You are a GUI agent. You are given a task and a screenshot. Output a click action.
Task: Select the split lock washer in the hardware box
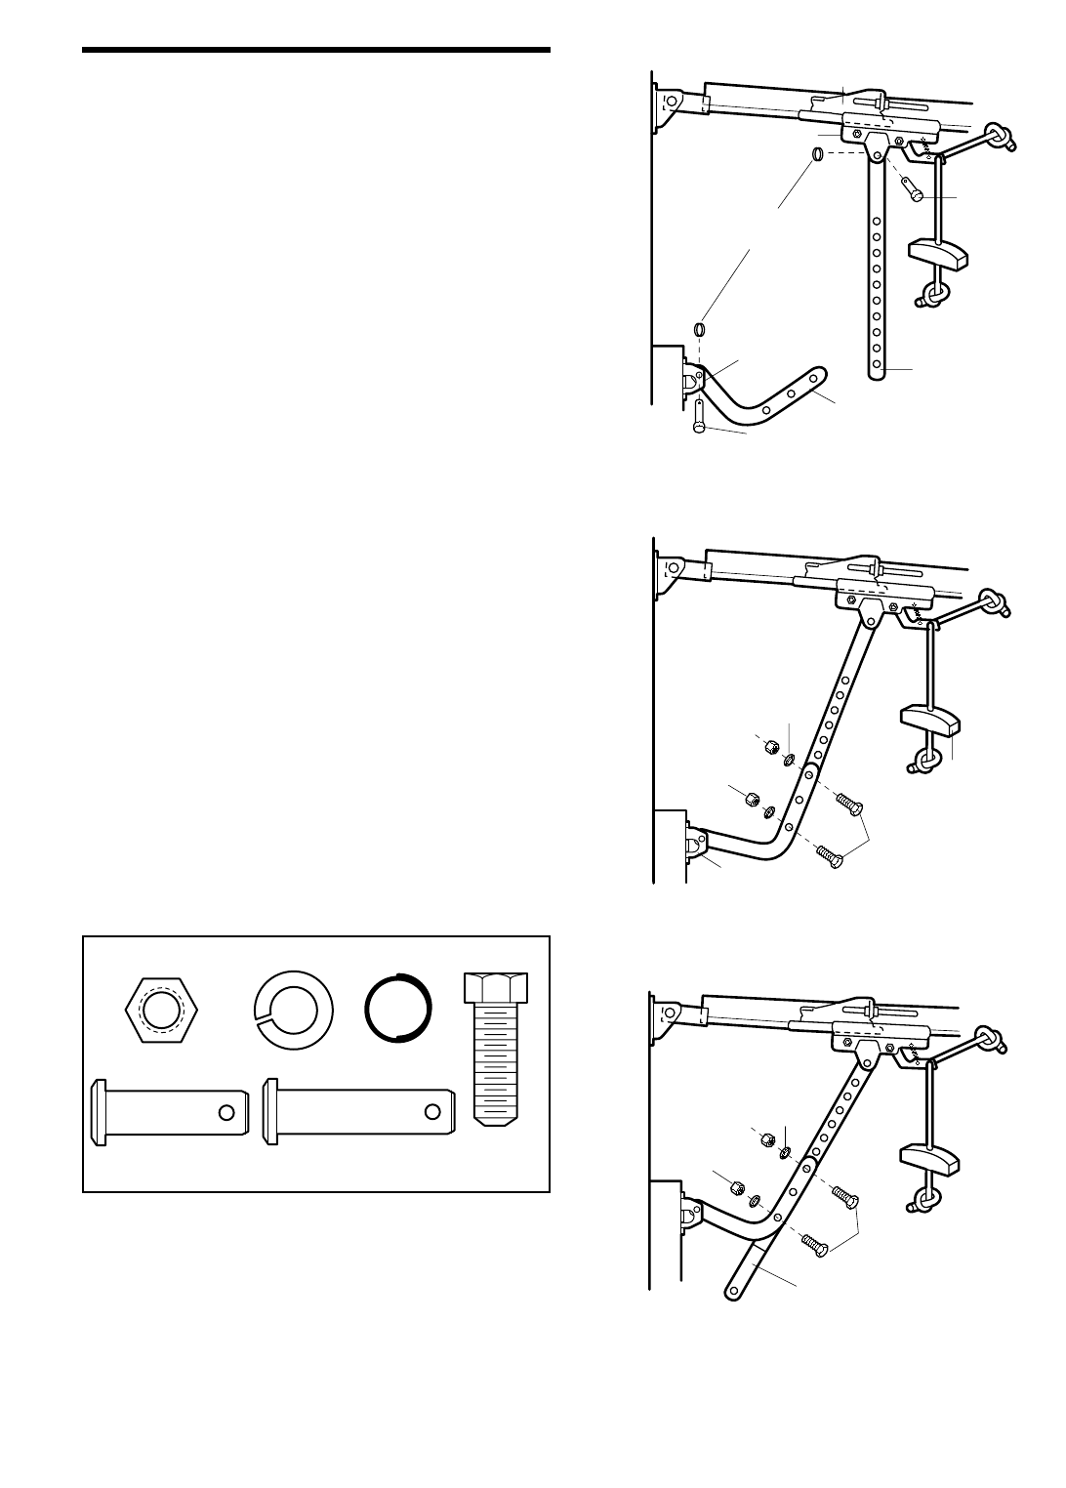click(x=293, y=1010)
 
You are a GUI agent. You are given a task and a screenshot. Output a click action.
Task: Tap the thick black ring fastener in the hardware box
click(x=397, y=1010)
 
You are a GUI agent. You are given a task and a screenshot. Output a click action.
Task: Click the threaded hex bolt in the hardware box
click(x=497, y=1046)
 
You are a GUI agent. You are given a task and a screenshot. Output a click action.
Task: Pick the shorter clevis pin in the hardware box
click(x=168, y=1109)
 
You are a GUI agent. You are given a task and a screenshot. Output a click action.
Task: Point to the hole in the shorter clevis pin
click(x=226, y=1111)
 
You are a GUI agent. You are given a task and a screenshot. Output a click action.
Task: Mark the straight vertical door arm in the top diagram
click(x=878, y=273)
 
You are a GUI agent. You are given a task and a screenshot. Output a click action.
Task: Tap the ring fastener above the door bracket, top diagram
click(x=700, y=328)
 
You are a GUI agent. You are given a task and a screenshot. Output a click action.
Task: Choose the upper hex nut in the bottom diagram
click(x=766, y=1139)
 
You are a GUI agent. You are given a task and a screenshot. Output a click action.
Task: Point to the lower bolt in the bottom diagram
click(x=812, y=1243)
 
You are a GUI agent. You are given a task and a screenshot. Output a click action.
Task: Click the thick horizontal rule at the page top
click(x=316, y=50)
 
